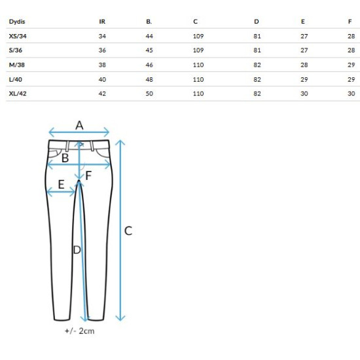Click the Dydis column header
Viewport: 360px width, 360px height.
coord(17,22)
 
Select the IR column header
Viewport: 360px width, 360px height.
coord(102,22)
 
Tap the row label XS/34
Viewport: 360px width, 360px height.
coord(18,36)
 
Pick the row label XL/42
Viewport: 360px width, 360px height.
coord(18,94)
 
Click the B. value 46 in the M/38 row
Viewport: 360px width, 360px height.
coord(149,65)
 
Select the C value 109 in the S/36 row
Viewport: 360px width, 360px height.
coord(198,50)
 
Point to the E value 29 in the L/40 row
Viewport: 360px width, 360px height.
coord(304,79)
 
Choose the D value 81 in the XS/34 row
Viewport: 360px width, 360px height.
coord(257,36)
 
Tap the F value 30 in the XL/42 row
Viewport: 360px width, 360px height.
coord(351,94)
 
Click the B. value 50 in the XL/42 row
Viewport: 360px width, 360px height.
coord(149,94)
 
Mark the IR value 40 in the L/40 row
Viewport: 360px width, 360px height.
coord(102,79)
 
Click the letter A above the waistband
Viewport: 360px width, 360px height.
coord(79,126)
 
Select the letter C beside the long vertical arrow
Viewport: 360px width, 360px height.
coord(128,231)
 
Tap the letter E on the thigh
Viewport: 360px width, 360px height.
coord(61,185)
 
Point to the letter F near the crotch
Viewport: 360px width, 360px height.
coord(88,175)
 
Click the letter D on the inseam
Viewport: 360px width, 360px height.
coord(77,250)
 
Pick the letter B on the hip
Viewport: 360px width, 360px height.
coord(65,158)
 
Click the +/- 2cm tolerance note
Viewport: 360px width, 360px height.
coord(80,331)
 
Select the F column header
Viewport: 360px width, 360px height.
coord(350,22)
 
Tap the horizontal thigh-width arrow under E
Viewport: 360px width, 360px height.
coord(61,192)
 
